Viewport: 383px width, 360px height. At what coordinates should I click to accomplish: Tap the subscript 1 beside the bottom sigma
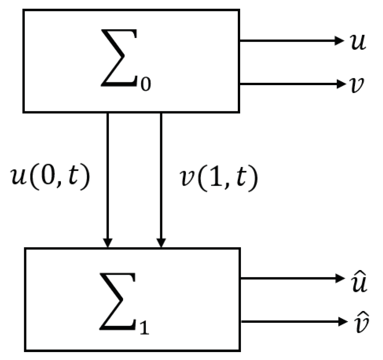145,325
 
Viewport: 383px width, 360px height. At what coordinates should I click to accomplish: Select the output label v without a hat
358,84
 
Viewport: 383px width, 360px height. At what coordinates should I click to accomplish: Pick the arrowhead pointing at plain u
339,40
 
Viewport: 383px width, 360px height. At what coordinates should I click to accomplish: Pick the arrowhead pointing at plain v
339,84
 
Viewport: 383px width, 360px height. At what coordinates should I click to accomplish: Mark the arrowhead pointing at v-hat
339,322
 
